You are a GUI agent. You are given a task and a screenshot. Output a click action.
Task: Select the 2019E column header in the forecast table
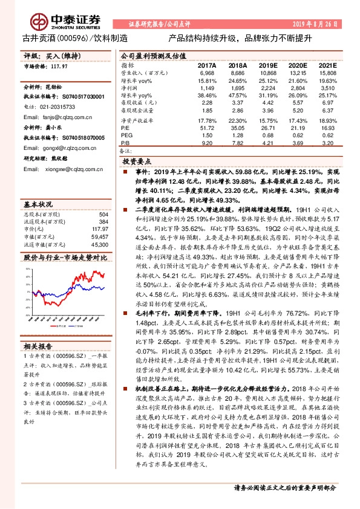[x=267, y=65]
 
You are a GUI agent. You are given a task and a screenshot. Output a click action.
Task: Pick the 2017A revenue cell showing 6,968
[x=207, y=73]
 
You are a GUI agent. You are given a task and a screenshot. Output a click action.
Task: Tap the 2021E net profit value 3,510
[x=326, y=88]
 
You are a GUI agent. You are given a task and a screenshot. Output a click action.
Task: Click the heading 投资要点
[x=137, y=161]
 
